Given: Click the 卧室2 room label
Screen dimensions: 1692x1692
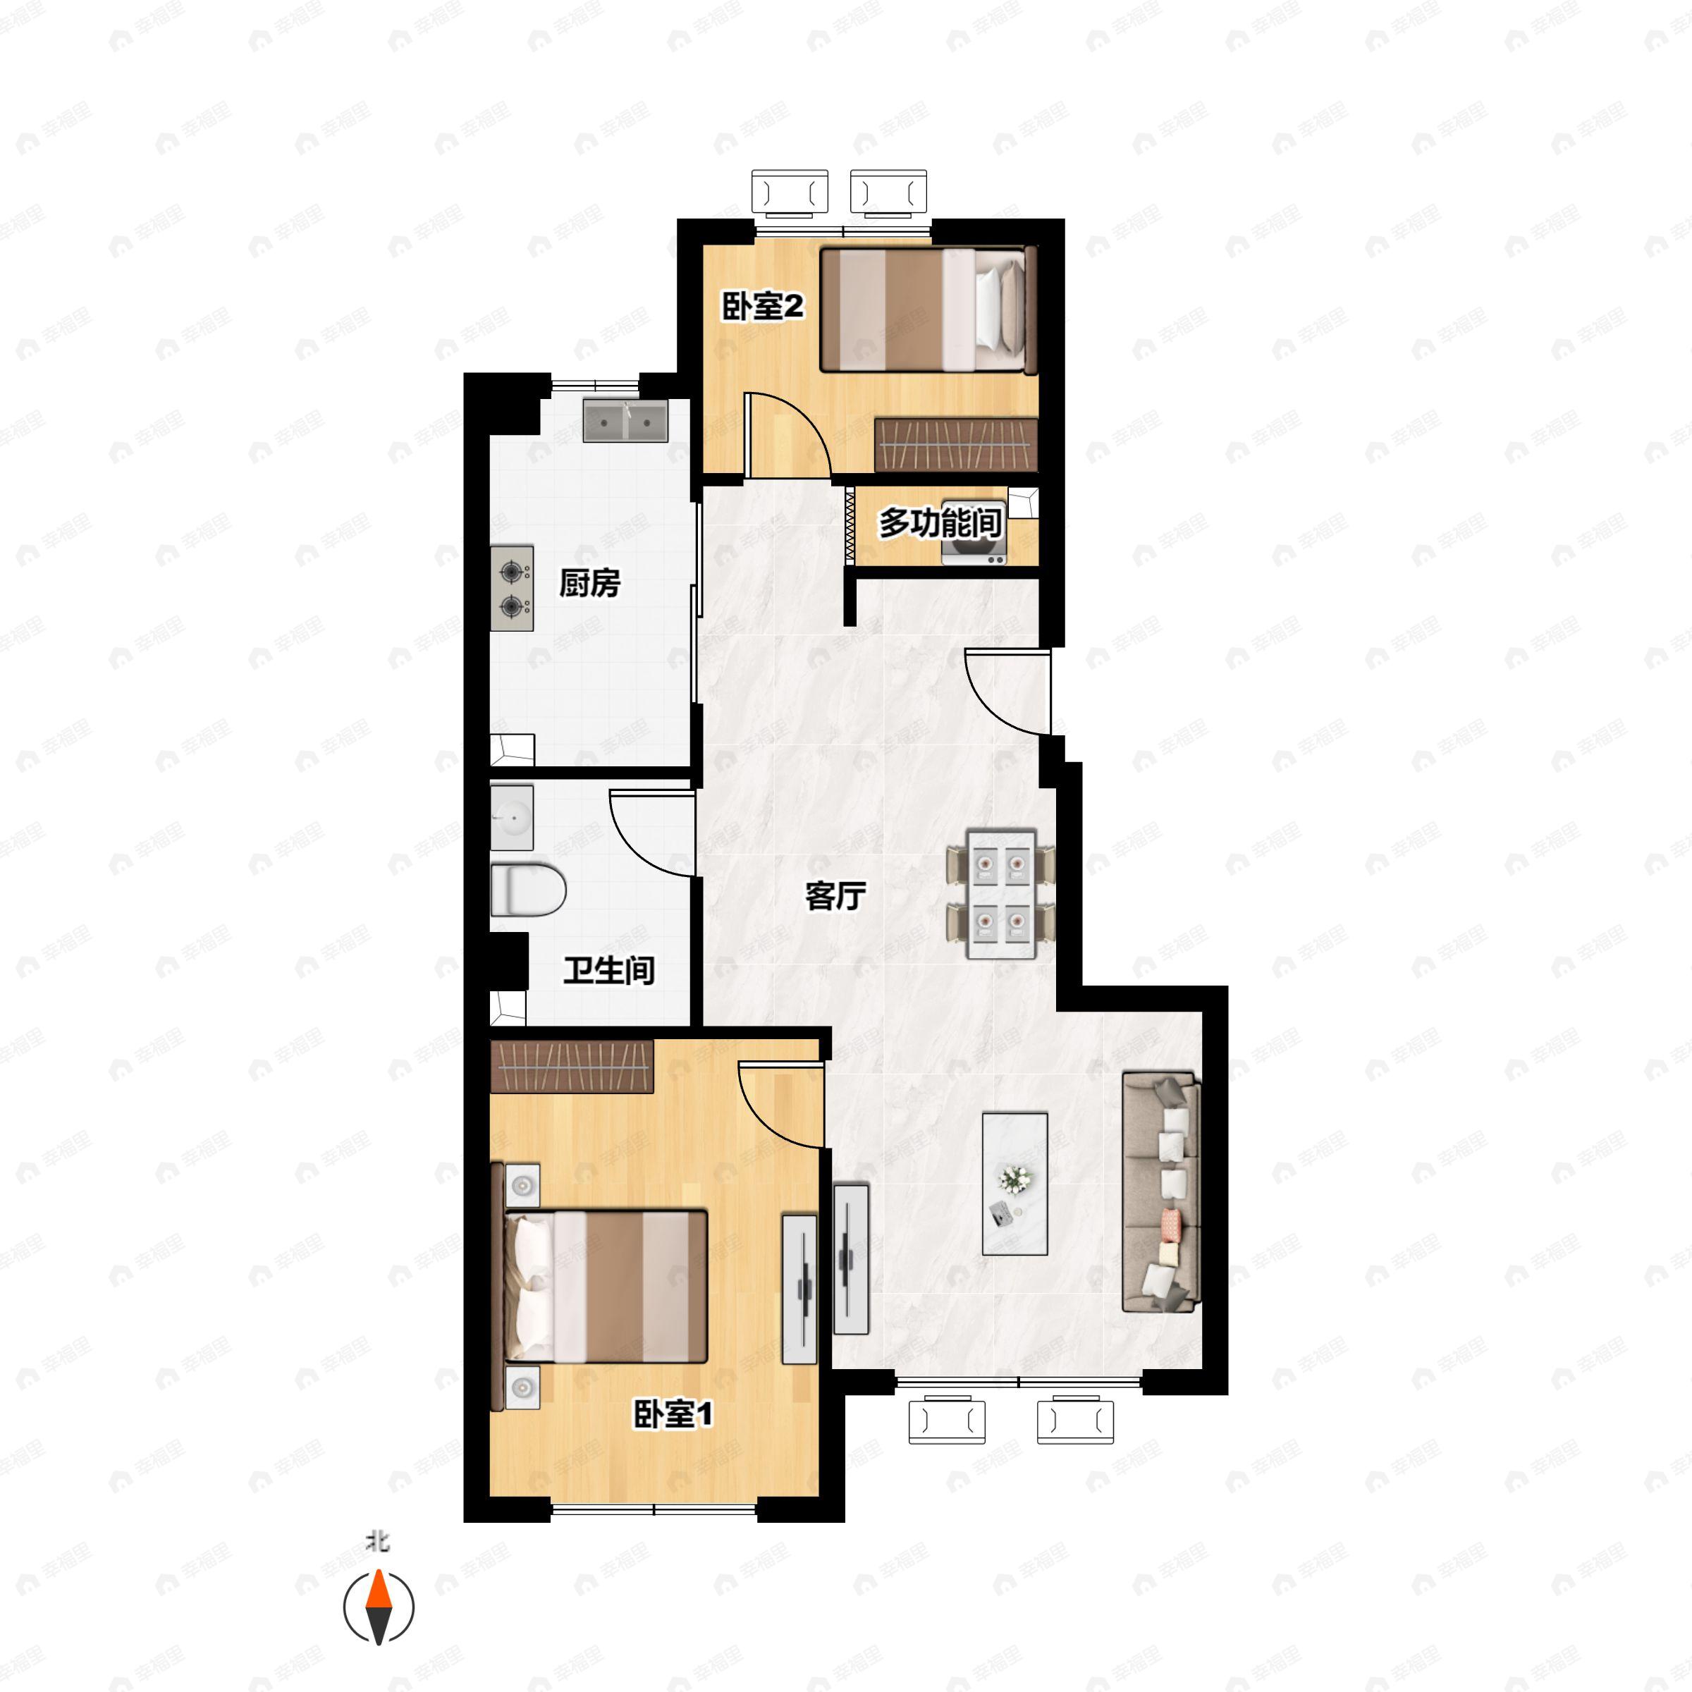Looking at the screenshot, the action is pyautogui.click(x=763, y=307).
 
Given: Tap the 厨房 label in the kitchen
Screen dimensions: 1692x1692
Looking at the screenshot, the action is pyautogui.click(x=589, y=582).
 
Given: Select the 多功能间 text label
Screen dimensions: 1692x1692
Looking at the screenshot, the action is pyautogui.click(x=940, y=523).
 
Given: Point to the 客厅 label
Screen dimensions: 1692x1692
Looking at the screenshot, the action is pyautogui.click(x=835, y=896).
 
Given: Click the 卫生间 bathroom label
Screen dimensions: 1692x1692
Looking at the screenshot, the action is pyautogui.click(x=608, y=970).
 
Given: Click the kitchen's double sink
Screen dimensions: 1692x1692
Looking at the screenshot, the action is pyautogui.click(x=625, y=422).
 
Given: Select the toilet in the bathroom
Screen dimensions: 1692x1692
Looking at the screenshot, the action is pyautogui.click(x=527, y=890).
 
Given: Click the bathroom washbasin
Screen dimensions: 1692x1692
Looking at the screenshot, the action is pyautogui.click(x=511, y=817).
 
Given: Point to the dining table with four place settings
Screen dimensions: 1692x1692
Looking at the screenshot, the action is pyautogui.click(x=1000, y=893).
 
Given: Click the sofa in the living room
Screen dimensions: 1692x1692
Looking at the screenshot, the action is pyautogui.click(x=1160, y=1192).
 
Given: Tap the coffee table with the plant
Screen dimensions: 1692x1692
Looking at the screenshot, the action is pyautogui.click(x=1015, y=1184).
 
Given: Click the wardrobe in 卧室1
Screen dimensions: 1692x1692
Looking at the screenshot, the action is pyautogui.click(x=572, y=1067).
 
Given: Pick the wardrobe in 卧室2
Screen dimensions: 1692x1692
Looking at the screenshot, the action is pyautogui.click(x=957, y=445).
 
